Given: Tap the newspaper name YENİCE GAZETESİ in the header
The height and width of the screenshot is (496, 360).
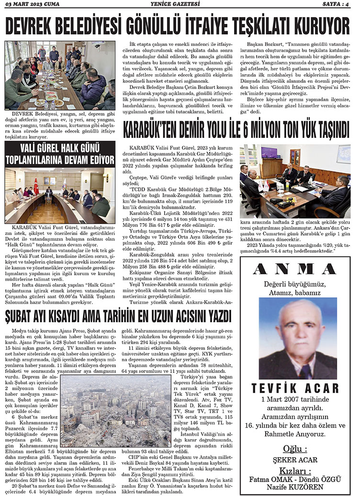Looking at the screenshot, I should tap(180, 5).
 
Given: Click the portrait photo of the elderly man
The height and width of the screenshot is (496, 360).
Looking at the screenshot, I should tap(298, 338).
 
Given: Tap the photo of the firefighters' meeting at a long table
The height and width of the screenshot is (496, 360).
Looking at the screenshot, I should tap(60, 75).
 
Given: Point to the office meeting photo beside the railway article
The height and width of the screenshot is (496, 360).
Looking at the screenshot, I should tap(295, 181).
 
